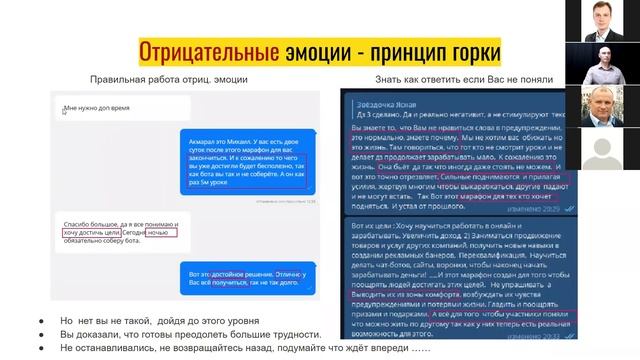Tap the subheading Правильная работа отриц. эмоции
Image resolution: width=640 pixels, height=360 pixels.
point(169,79)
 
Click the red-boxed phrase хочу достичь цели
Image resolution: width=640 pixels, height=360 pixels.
point(87,233)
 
